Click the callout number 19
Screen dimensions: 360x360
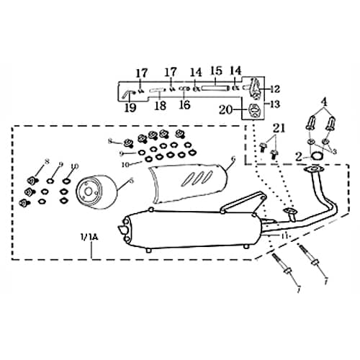pyautogui.click(x=130, y=107)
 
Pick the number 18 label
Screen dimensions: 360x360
pyautogui.click(x=160, y=104)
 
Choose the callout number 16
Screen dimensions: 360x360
pyautogui.click(x=184, y=104)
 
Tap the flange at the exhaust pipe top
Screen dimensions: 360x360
pyautogui.click(x=312, y=171)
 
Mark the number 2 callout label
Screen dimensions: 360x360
pyautogui.click(x=299, y=155)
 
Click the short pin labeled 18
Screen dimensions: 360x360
pyautogui.click(x=159, y=91)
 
